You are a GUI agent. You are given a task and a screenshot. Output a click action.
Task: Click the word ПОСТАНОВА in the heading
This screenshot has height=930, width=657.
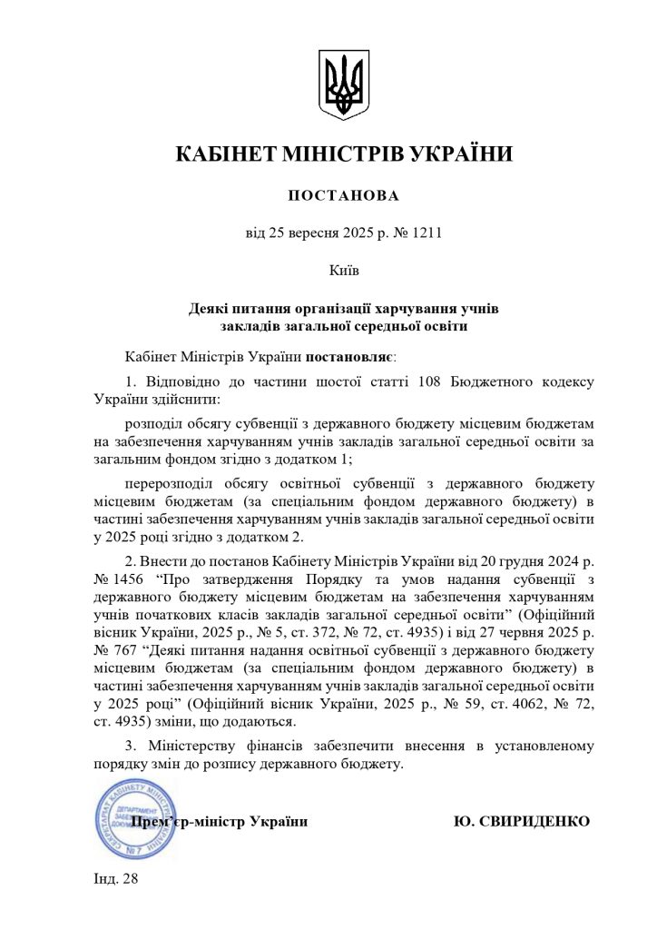coord(343,196)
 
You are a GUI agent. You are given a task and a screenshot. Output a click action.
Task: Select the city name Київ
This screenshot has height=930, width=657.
coord(343,271)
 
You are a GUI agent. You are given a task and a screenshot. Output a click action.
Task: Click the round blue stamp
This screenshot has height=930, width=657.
coord(134,822)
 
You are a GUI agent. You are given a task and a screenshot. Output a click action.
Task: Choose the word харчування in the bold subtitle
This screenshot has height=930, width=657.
coord(415,309)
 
